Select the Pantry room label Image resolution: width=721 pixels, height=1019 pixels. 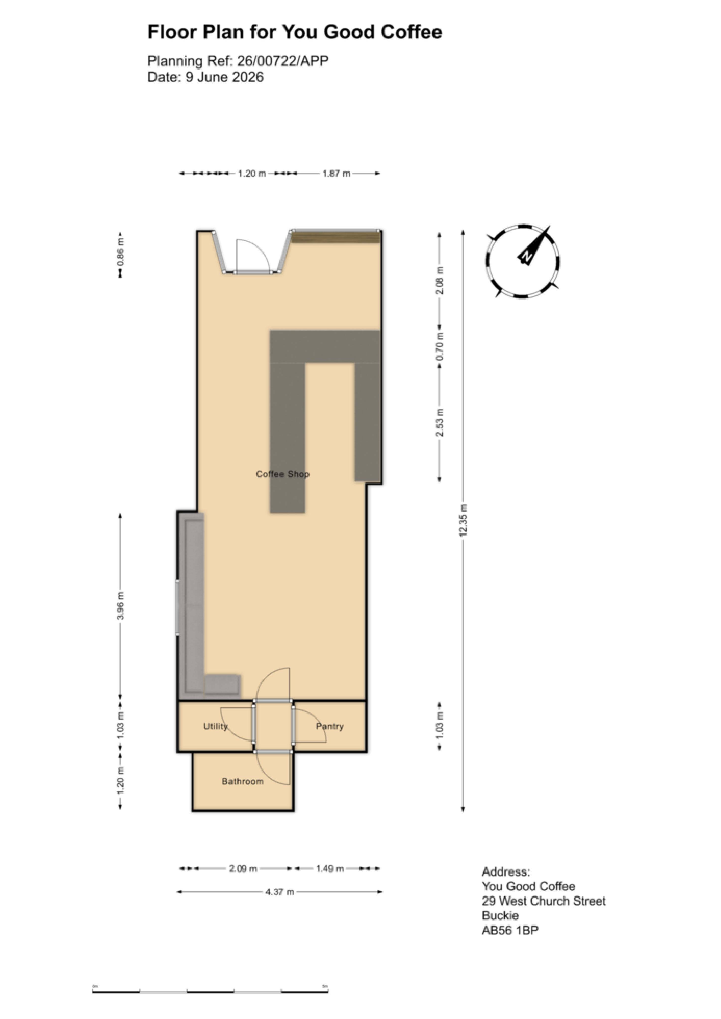point(330,726)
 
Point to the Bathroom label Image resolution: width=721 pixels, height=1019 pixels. point(242,781)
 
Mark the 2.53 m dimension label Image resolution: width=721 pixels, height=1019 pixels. point(440,422)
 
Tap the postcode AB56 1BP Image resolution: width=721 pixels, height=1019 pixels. point(510,930)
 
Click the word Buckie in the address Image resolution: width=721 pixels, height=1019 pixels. point(500,915)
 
